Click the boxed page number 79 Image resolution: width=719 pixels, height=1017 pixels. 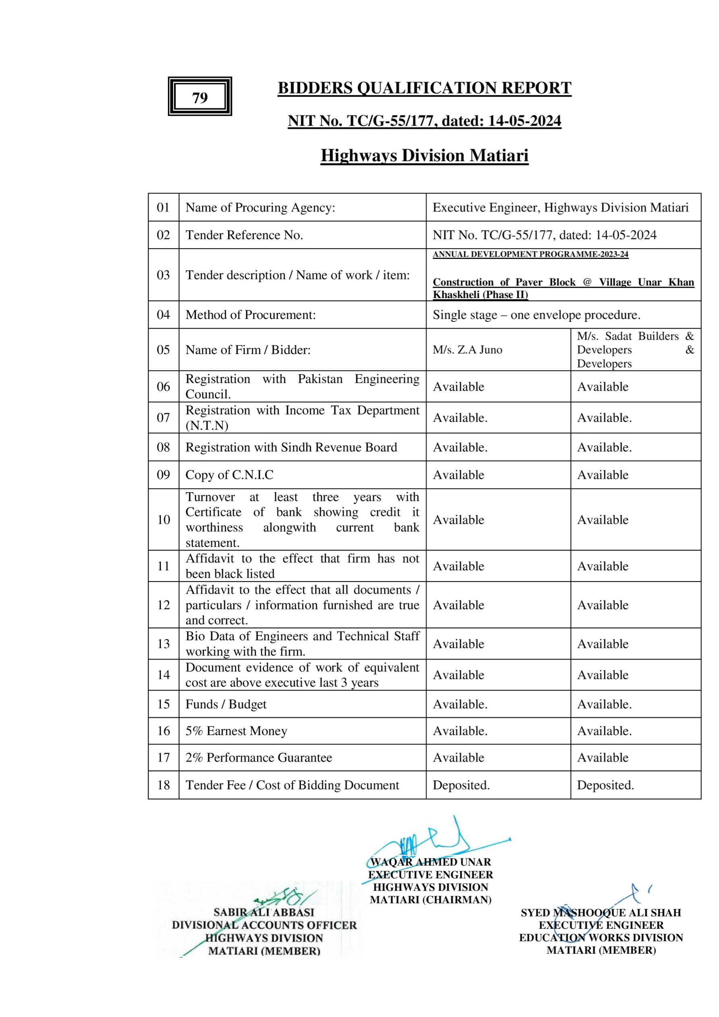click(200, 97)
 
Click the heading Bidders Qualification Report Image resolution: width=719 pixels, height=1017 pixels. click(424, 88)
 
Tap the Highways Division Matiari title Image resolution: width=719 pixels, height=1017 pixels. click(424, 155)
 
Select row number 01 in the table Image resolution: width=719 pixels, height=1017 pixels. click(163, 207)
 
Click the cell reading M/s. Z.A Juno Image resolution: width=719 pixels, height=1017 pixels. click(467, 350)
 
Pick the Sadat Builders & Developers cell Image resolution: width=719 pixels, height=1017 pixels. click(635, 350)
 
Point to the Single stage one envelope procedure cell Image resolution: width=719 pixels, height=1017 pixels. click(536, 315)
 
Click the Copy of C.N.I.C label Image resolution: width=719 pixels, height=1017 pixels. click(229, 475)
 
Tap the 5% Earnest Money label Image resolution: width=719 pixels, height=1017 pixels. click(236, 731)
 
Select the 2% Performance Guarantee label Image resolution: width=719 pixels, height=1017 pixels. click(258, 758)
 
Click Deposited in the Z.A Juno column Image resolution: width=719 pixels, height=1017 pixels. click(461, 785)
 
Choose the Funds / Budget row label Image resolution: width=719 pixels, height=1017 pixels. click(226, 704)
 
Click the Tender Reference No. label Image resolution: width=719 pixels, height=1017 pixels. click(244, 235)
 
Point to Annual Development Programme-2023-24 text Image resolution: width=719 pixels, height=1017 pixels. click(531, 254)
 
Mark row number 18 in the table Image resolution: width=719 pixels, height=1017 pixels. click(163, 785)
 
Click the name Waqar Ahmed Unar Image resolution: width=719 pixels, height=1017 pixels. click(430, 862)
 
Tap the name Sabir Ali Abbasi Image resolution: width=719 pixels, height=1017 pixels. click(264, 912)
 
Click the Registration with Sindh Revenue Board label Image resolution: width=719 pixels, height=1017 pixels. click(291, 447)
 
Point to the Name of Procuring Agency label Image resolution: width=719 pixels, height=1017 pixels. click(260, 207)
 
